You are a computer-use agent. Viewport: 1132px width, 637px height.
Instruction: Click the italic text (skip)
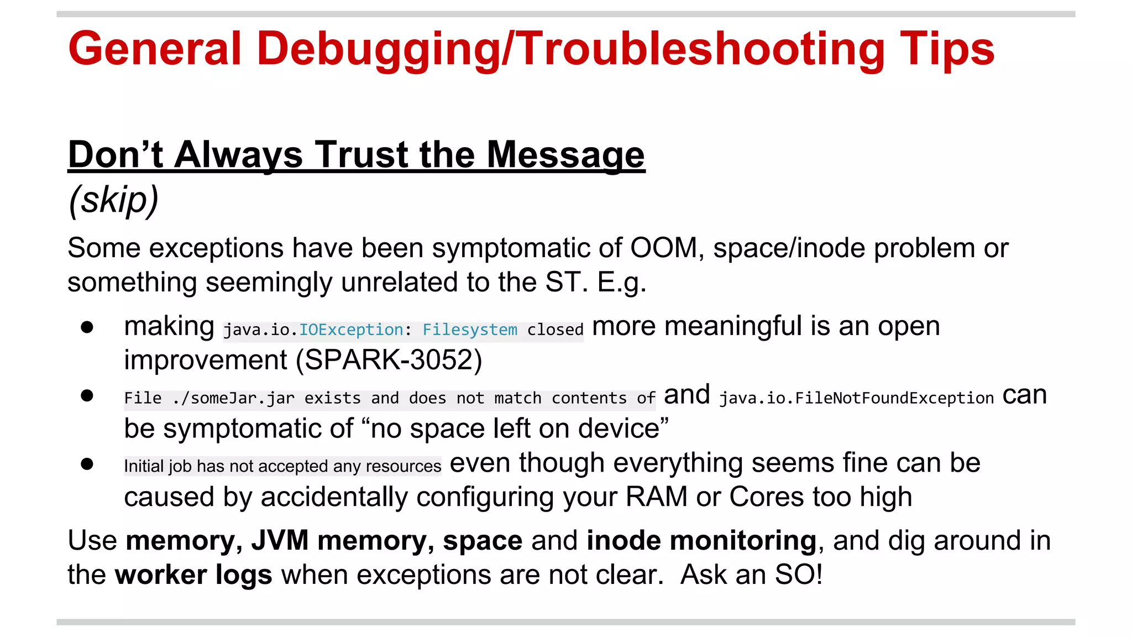pyautogui.click(x=113, y=200)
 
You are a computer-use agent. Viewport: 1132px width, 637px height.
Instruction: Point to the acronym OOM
pyautogui.click(x=664, y=248)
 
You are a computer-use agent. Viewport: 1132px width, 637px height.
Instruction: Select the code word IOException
pyautogui.click(x=351, y=330)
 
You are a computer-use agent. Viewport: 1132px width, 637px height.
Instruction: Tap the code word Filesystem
pyautogui.click(x=470, y=330)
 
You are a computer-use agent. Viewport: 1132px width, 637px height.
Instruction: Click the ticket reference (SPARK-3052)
pyautogui.click(x=389, y=361)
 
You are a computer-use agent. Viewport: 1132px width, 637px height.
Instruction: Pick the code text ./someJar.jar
pyautogui.click(x=233, y=398)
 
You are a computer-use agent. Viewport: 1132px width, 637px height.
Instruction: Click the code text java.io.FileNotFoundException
pyautogui.click(x=856, y=398)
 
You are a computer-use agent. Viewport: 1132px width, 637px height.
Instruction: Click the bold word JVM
pyautogui.click(x=280, y=540)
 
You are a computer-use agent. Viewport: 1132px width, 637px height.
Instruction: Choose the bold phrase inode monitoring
pyautogui.click(x=701, y=540)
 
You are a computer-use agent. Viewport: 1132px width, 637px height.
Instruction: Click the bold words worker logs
pyautogui.click(x=193, y=575)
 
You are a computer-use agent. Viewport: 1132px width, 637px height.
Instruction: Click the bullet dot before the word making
pyautogui.click(x=87, y=327)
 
